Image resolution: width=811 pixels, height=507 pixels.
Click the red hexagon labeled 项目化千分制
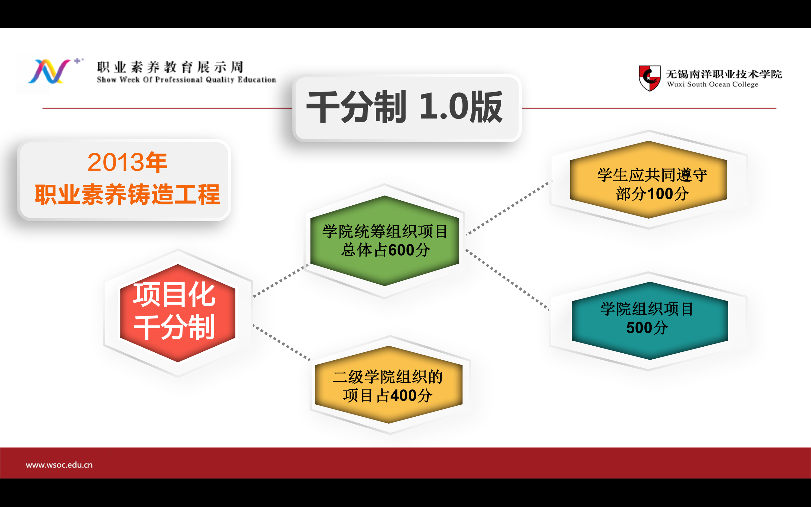[x=178, y=313]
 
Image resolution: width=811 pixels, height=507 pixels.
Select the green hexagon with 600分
[x=384, y=241]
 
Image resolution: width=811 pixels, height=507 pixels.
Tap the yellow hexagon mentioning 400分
[x=388, y=385]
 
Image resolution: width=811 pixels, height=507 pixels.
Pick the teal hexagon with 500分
[x=650, y=321]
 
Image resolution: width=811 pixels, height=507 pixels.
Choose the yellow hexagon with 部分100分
[x=648, y=180]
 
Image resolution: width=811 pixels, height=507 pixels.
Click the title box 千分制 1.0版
[x=406, y=108]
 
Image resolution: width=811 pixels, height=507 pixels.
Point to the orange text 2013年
[x=127, y=162]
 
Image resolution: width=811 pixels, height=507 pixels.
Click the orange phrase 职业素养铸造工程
[x=127, y=194]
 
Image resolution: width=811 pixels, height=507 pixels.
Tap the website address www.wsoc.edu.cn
[x=59, y=465]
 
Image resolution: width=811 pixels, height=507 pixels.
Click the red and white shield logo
[x=649, y=78]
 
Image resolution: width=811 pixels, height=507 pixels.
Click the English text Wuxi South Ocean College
[x=712, y=85]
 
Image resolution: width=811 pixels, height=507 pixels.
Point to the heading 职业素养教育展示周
[x=170, y=67]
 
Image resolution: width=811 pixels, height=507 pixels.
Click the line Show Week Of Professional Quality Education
[x=186, y=80]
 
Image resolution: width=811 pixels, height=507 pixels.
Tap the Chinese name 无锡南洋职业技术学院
[x=724, y=74]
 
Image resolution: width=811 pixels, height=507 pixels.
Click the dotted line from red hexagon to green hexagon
[x=281, y=281]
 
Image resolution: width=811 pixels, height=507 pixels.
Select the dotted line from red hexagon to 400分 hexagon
[x=282, y=342]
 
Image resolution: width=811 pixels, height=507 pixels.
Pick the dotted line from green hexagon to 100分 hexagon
[x=509, y=208]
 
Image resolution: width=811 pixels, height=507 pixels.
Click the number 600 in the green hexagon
[x=401, y=250]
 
